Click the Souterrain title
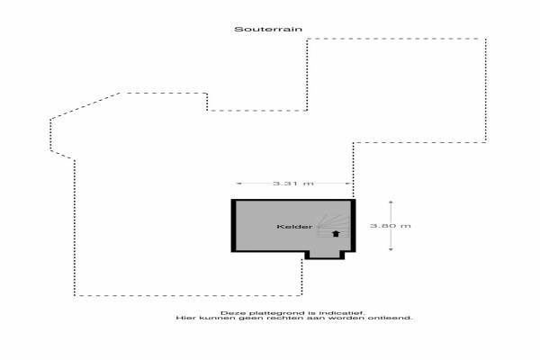pyautogui.click(x=268, y=30)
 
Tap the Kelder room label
pyautogui.click(x=295, y=226)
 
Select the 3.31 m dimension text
pyautogui.click(x=293, y=184)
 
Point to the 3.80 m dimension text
pyautogui.click(x=391, y=226)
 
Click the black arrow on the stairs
pyautogui.click(x=336, y=234)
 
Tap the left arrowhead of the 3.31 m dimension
pyautogui.click(x=238, y=184)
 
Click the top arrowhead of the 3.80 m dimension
pyautogui.click(x=391, y=203)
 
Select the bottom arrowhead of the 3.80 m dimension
pyautogui.click(x=391, y=248)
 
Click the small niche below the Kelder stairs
pyautogui.click(x=324, y=254)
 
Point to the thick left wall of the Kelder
pyautogui.click(x=233, y=226)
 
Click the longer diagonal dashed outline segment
pyautogui.click(x=85, y=106)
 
